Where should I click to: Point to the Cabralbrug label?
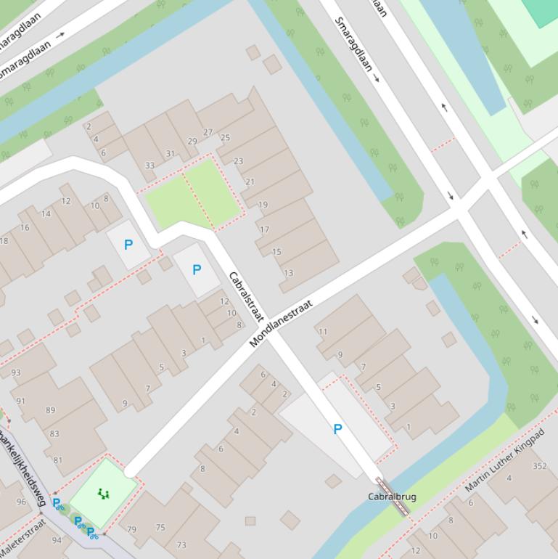pos(392,497)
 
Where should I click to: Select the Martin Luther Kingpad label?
pos(505,460)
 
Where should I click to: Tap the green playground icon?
pos(104,494)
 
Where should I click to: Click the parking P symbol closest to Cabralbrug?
pos(337,429)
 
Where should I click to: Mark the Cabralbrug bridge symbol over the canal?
pos(393,497)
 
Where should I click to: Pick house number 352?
pos(539,466)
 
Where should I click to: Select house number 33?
pos(149,166)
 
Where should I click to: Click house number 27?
pos(208,132)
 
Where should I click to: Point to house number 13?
pos(289,273)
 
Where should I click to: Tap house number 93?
pos(16,373)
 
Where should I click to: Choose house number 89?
pos(50,410)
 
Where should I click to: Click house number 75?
pos(160,528)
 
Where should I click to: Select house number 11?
pos(323,332)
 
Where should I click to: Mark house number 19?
pos(263,205)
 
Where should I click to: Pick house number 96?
pos(21,502)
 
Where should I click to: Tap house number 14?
pos(46,213)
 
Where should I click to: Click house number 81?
pos(58,460)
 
